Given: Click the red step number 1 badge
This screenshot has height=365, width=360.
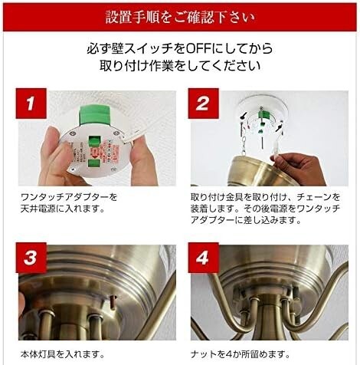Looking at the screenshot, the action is (x=31, y=104).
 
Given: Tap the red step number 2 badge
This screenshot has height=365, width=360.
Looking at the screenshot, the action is (x=203, y=104).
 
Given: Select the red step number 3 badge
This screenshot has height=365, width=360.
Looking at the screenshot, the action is (x=31, y=258).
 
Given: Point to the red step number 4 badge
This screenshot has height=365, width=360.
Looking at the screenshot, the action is (x=203, y=258).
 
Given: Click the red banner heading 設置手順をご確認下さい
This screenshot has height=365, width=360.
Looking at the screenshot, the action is (x=180, y=18).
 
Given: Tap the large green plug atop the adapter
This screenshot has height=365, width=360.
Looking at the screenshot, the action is (x=95, y=116).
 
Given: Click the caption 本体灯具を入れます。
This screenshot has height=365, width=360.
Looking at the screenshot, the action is (x=62, y=354).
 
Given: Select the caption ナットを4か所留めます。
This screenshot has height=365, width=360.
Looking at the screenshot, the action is (x=240, y=354).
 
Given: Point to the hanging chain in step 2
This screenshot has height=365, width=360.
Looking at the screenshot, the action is (x=244, y=144).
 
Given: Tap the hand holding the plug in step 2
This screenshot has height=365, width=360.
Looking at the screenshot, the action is (x=300, y=167).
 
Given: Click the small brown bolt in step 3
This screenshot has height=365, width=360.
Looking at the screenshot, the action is (x=113, y=301).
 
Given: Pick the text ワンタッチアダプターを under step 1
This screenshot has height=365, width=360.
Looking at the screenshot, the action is (x=69, y=197).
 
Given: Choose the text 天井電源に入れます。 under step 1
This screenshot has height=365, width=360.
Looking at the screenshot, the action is (x=63, y=209).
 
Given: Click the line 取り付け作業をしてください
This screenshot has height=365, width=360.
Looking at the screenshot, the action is (x=180, y=66).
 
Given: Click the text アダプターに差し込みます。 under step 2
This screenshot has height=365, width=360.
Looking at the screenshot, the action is (x=246, y=220).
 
